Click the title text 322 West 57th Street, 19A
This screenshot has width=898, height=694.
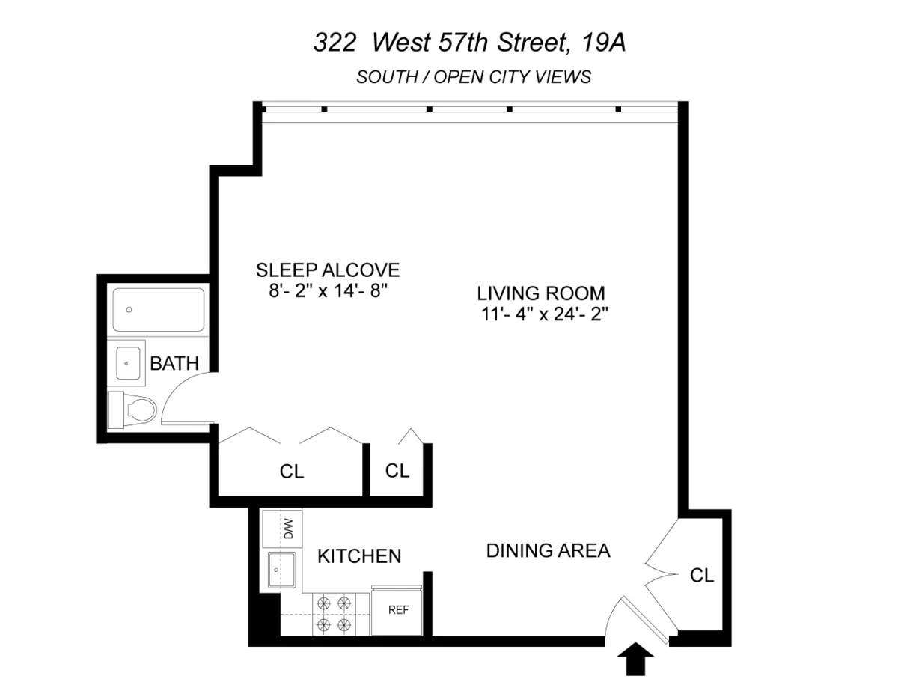pyautogui.click(x=468, y=43)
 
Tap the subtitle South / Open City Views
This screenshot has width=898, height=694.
pyautogui.click(x=474, y=76)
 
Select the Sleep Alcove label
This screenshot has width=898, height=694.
pyautogui.click(x=328, y=270)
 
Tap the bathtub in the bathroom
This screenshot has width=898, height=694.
pyautogui.click(x=158, y=310)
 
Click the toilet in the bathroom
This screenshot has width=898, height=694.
pyautogui.click(x=135, y=410)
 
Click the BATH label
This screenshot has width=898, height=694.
pyautogui.click(x=174, y=364)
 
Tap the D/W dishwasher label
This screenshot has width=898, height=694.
pyautogui.click(x=289, y=529)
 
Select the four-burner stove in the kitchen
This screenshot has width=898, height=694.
pyautogui.click(x=334, y=613)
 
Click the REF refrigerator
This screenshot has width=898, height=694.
pyautogui.click(x=398, y=610)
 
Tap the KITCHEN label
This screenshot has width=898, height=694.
pyautogui.click(x=359, y=556)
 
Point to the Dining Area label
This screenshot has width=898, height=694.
pyautogui.click(x=548, y=551)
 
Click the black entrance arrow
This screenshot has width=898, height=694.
pyautogui.click(x=635, y=660)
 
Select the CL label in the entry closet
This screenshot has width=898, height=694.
pyautogui.click(x=702, y=576)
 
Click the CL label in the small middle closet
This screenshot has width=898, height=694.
pyautogui.click(x=397, y=470)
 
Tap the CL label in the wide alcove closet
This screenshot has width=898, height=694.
pyautogui.click(x=292, y=472)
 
